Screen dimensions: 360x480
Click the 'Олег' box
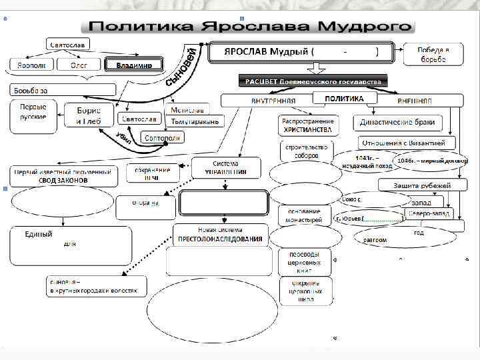(x=79, y=65)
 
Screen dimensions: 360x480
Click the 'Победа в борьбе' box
(x=433, y=55)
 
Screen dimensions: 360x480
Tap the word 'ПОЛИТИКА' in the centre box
(x=344, y=99)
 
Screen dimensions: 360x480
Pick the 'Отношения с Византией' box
(x=407, y=143)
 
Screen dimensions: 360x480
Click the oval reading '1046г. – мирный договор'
(x=431, y=161)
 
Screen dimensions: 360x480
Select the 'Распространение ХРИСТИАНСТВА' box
(x=308, y=125)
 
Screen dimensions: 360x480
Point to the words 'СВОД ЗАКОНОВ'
(x=64, y=180)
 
